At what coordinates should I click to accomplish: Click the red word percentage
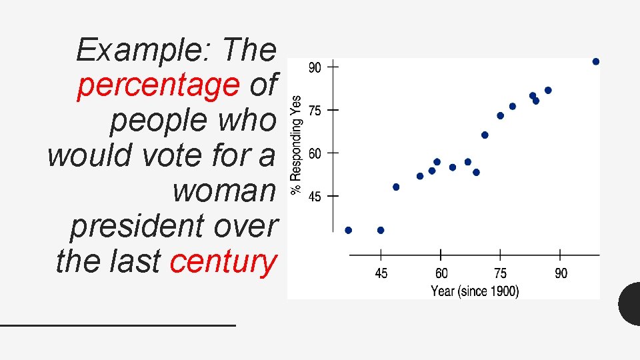tap(158, 85)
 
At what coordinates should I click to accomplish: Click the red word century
tap(223, 261)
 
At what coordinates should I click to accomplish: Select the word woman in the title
tap(223, 191)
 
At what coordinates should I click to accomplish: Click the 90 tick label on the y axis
tap(315, 67)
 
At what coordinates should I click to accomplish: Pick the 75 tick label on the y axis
tap(315, 111)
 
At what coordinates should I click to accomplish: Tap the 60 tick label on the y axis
tap(315, 153)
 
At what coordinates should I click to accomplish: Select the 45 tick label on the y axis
tap(315, 197)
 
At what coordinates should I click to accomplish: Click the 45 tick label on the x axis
tap(381, 273)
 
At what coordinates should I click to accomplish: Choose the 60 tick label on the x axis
tap(441, 273)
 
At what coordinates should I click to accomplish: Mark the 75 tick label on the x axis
tap(500, 273)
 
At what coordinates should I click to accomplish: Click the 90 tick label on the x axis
tap(561, 273)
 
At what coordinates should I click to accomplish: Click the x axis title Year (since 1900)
tap(475, 291)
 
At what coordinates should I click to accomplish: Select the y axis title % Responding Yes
tap(296, 145)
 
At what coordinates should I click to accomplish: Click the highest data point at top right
tap(596, 61)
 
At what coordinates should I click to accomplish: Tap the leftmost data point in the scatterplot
tap(348, 230)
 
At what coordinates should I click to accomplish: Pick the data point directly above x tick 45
tap(381, 230)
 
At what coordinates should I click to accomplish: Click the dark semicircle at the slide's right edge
tap(630, 303)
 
